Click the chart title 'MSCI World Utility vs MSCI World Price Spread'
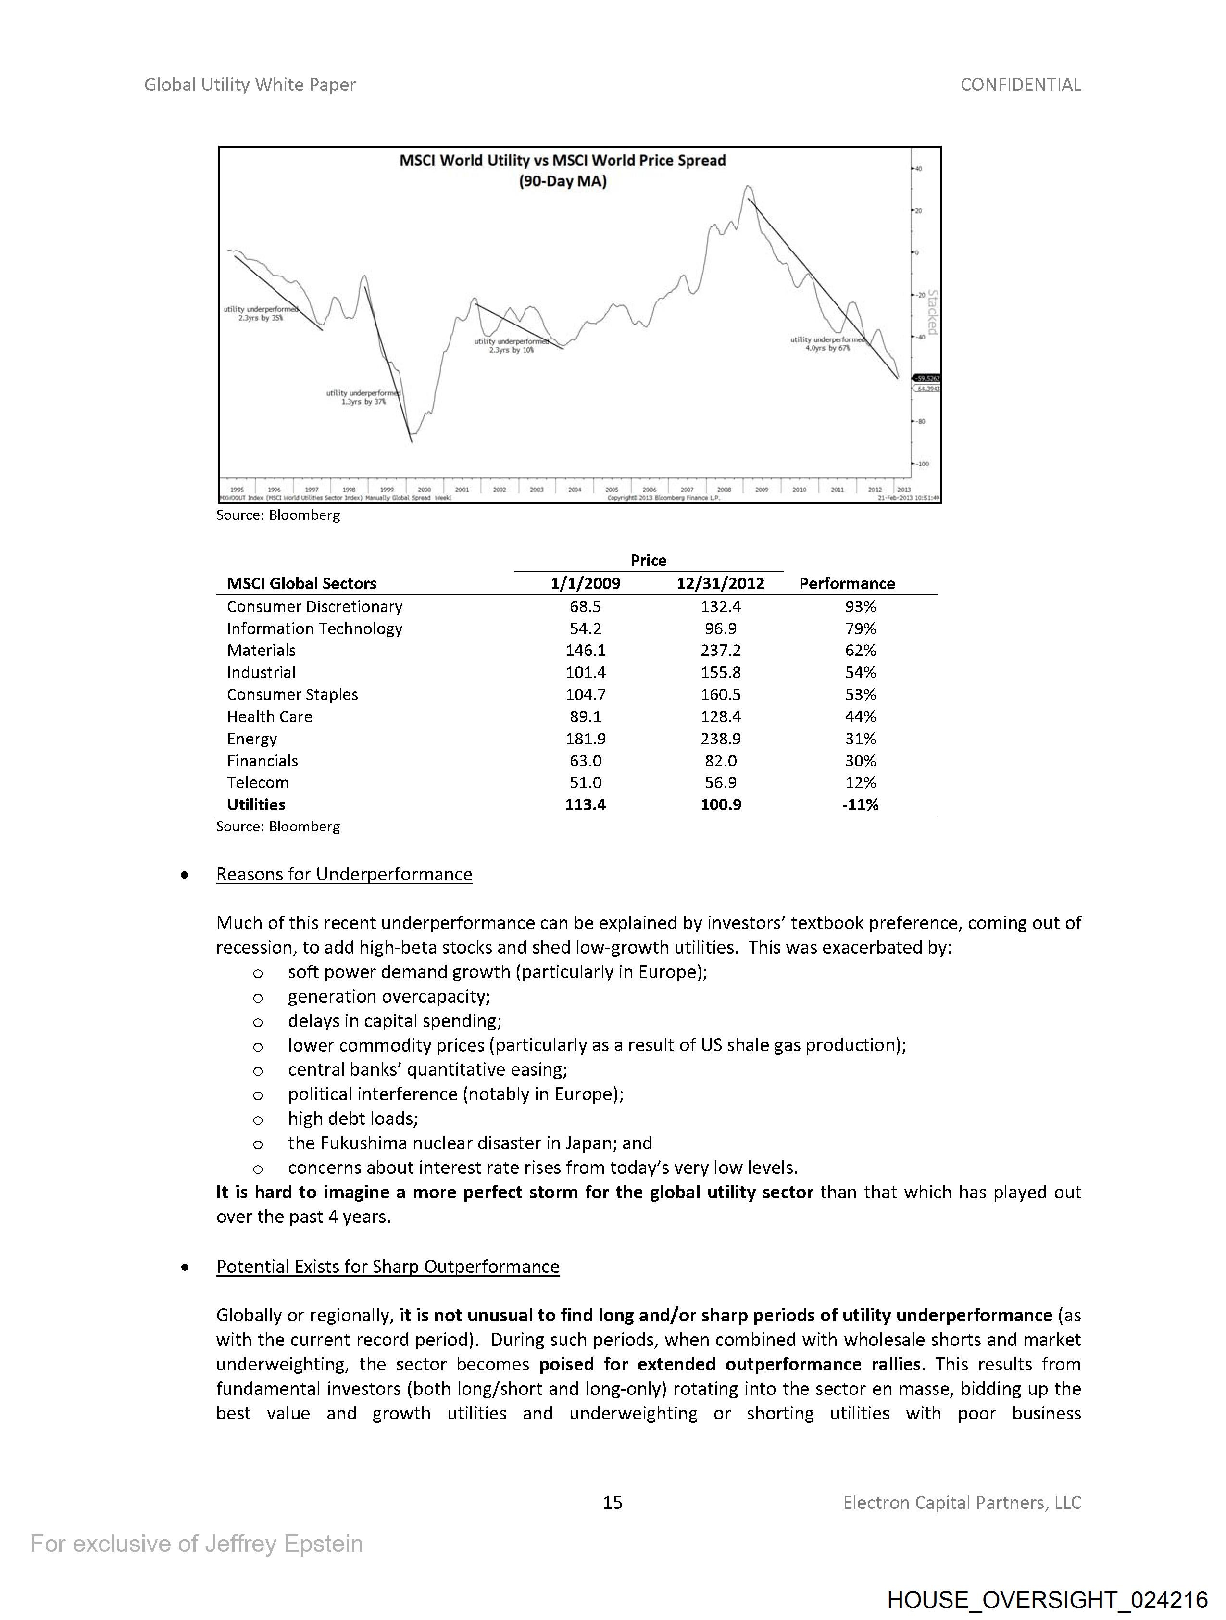coord(563,161)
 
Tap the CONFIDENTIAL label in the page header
coord(1020,85)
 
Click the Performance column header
coord(847,584)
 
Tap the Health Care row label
coord(270,717)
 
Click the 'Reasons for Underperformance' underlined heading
coord(344,875)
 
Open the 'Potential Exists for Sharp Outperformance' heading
coord(388,1267)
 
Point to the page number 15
coord(612,1503)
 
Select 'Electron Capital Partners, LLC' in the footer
coord(962,1503)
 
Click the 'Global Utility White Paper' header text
coord(250,85)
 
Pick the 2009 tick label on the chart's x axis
coord(762,489)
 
